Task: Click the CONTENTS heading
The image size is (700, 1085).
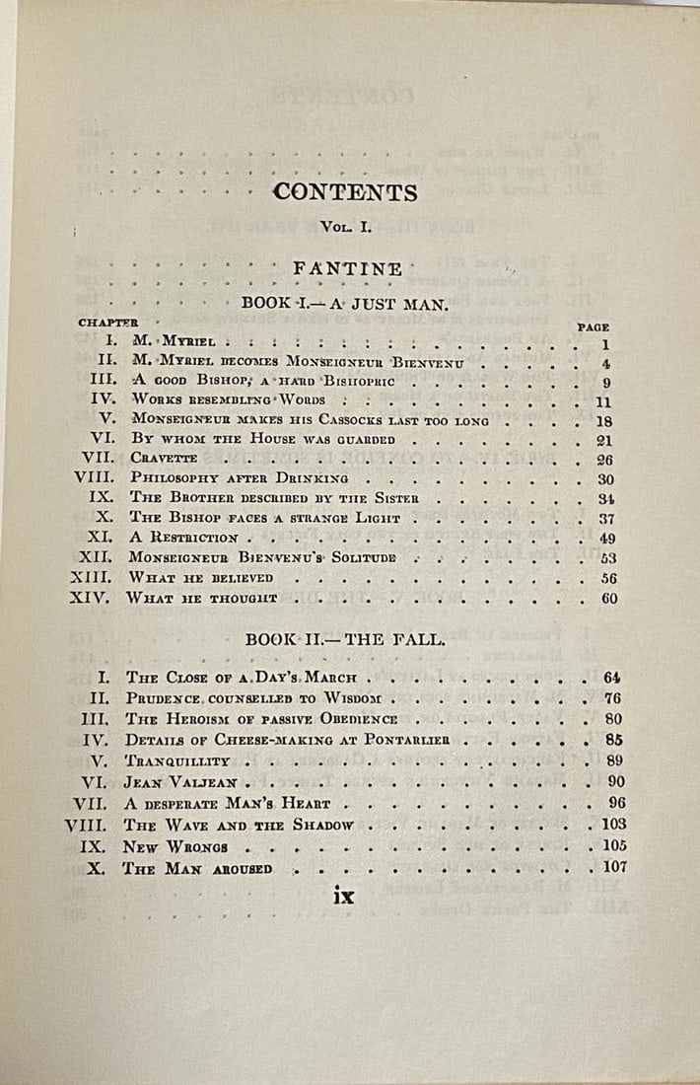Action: point(345,191)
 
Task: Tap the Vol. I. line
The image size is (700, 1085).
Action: point(345,227)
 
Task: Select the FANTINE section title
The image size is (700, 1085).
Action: point(347,268)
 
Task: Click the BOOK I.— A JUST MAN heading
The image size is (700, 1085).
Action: point(345,304)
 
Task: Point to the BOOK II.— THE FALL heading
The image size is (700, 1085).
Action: point(345,639)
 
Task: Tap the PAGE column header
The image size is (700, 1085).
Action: point(593,326)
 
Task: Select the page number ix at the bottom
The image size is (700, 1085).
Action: point(343,896)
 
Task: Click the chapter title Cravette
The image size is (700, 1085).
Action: point(164,459)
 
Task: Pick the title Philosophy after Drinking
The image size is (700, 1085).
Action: point(238,479)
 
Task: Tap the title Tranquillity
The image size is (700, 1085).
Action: point(176,760)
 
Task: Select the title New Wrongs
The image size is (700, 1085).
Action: point(175,847)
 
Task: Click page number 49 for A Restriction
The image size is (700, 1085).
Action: point(607,538)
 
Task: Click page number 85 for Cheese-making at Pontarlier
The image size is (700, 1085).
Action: point(612,740)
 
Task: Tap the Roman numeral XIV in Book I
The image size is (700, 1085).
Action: point(90,599)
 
